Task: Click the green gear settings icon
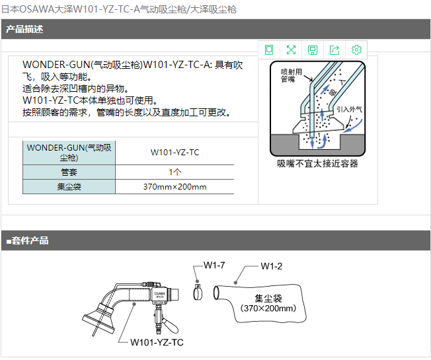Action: point(356,50)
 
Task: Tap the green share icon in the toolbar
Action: point(334,50)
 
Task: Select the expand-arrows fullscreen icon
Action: point(291,50)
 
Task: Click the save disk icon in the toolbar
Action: point(313,50)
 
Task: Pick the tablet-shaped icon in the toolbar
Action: point(269,50)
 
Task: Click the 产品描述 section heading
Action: point(24,29)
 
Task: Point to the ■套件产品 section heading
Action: point(27,240)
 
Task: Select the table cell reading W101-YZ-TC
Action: point(175,153)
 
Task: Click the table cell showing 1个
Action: point(175,172)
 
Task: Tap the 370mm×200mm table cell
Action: point(175,187)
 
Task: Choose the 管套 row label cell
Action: point(69,172)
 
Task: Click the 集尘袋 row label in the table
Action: point(69,187)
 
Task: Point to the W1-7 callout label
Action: point(214,266)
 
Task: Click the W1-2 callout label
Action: point(271,266)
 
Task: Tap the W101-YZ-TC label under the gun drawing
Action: point(157,342)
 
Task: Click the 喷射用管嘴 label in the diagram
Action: point(291,75)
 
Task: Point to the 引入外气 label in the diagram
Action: point(349,109)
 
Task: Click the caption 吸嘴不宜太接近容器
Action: point(317,164)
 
